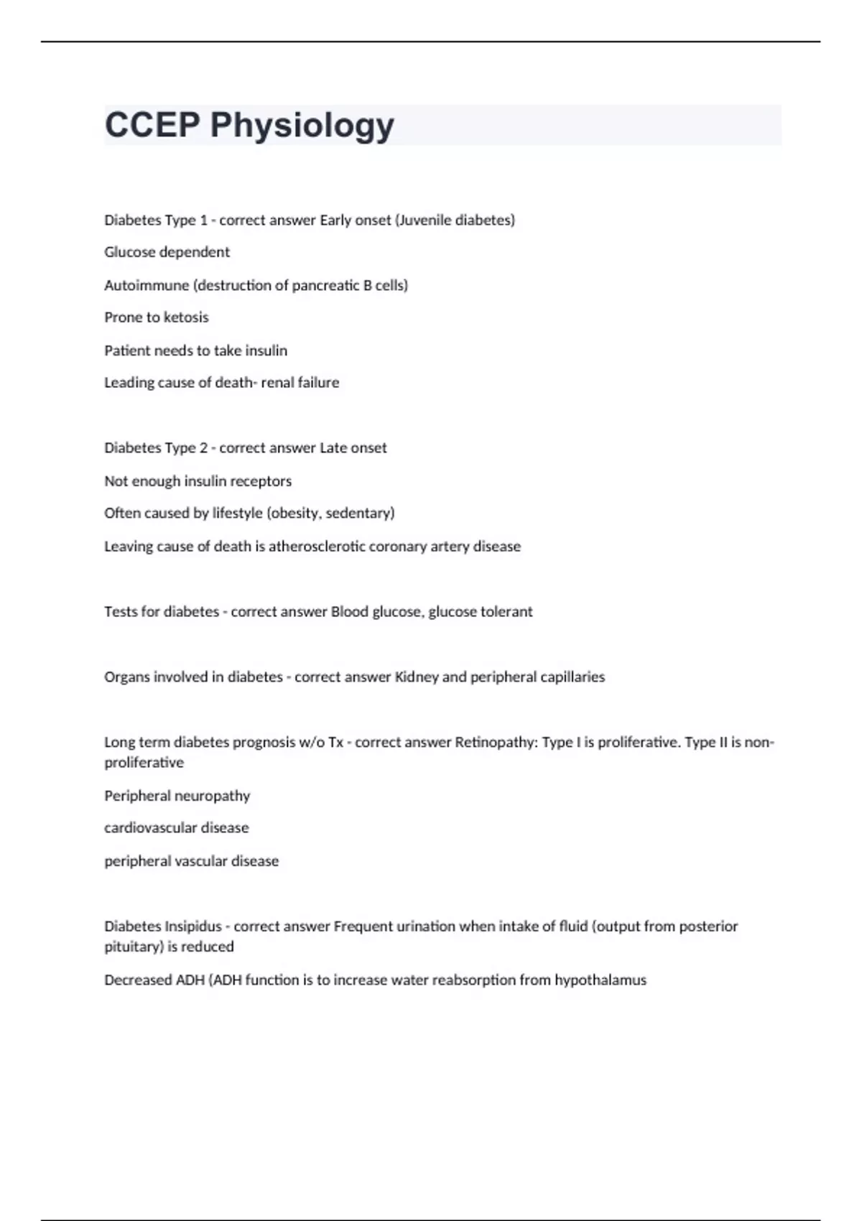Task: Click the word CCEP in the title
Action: [152, 125]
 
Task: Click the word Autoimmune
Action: [146, 285]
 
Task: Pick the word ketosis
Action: [186, 317]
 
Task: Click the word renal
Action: [277, 383]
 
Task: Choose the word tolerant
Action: [506, 612]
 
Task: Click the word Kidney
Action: [417, 677]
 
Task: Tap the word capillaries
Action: [573, 677]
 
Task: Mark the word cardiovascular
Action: [150, 828]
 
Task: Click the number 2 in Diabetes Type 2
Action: [203, 448]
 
